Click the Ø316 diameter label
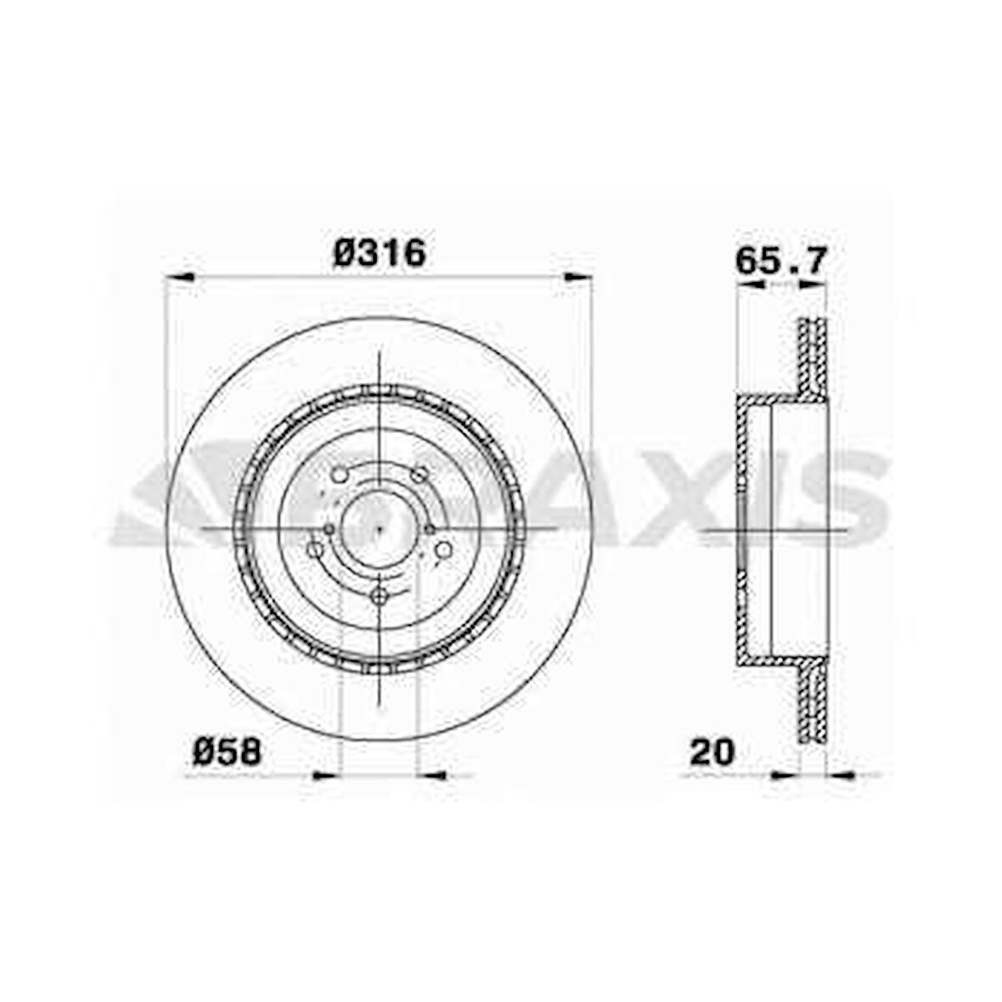click(x=379, y=252)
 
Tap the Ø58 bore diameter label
click(x=227, y=751)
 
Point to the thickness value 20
click(x=712, y=751)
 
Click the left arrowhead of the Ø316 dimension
click(x=179, y=276)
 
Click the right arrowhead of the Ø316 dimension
click(x=577, y=276)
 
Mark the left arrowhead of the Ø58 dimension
click(x=326, y=774)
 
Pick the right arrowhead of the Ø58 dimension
click(x=432, y=774)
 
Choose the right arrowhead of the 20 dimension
click(x=840, y=774)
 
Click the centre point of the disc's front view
click(x=378, y=528)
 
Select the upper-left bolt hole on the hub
click(x=339, y=475)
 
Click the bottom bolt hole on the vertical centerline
click(x=379, y=596)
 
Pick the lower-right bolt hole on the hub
click(x=442, y=550)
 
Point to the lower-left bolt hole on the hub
click(x=315, y=550)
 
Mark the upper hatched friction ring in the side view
click(x=813, y=357)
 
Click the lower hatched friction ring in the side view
click(x=813, y=701)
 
